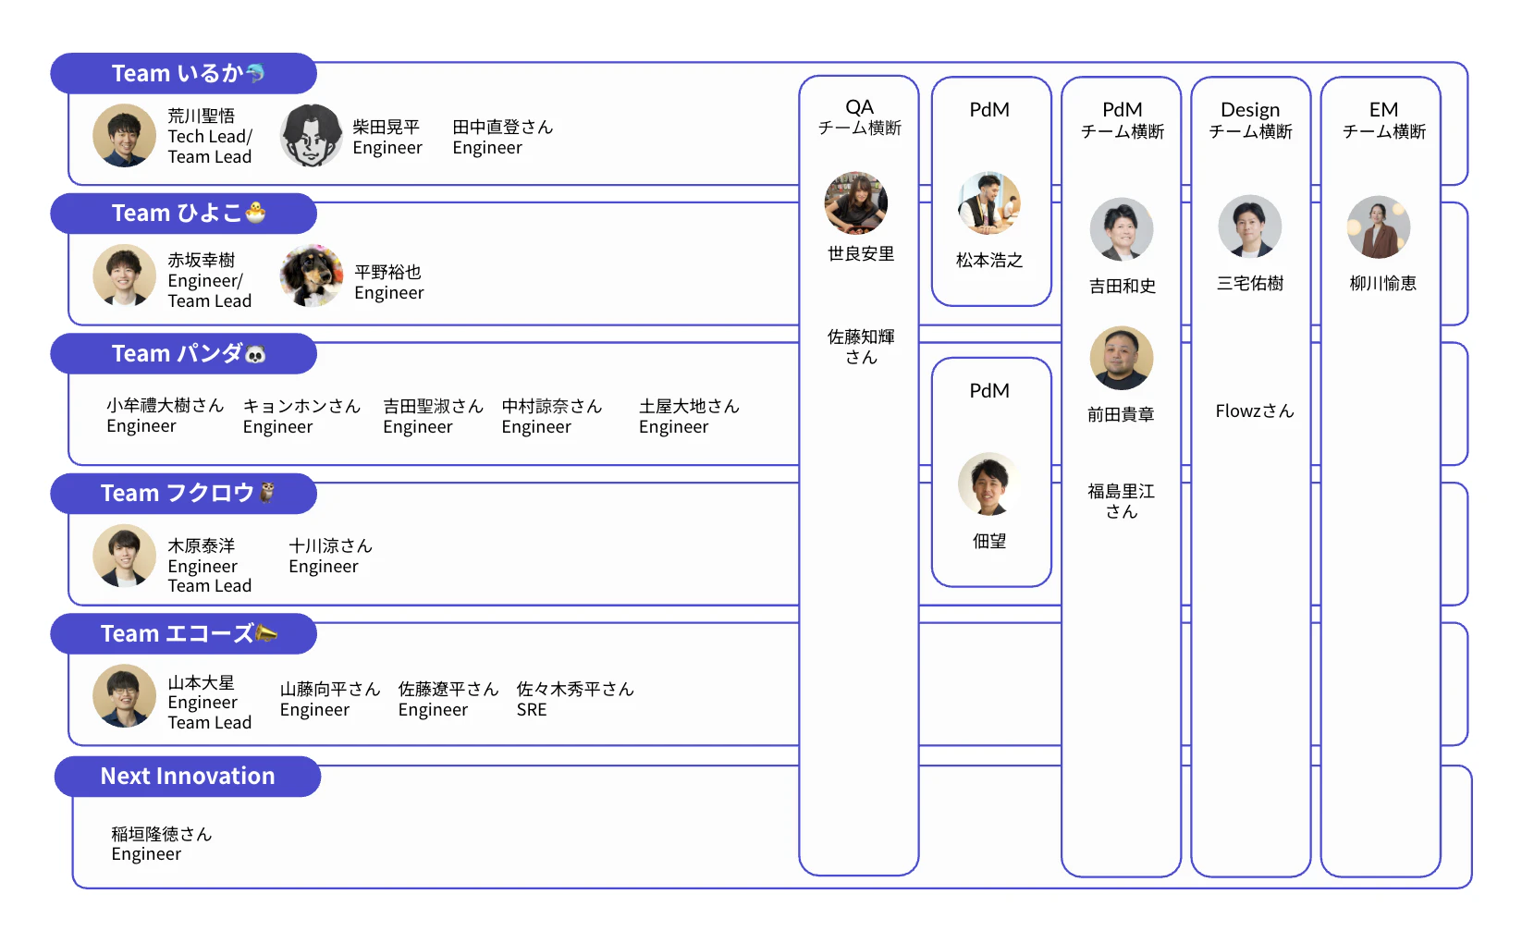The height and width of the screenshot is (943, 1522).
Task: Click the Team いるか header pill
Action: pos(183,73)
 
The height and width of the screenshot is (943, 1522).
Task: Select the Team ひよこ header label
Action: pos(183,214)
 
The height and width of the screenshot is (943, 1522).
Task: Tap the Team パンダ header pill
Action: pos(183,353)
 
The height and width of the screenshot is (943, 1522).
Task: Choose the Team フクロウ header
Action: pos(183,494)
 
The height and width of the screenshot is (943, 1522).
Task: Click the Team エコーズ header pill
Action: pos(183,634)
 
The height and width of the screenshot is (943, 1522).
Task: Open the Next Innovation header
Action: pos(188,777)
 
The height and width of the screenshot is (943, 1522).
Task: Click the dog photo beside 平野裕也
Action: pos(312,276)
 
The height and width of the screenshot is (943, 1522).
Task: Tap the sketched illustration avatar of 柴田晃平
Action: pos(312,135)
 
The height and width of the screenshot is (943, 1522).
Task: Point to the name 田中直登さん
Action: pos(503,127)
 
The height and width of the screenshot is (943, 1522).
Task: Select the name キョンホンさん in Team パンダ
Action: pos(301,406)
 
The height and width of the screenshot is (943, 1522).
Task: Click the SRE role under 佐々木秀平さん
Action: pos(532,710)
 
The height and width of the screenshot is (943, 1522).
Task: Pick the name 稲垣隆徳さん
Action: pos(162,834)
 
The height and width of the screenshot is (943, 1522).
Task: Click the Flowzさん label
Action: pos(1254,411)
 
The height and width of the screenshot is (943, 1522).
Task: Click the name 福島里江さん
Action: pos(1121,501)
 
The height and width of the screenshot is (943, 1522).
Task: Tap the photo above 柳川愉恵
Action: pos(1379,227)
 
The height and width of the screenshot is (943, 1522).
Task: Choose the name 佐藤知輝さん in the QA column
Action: pos(861,347)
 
